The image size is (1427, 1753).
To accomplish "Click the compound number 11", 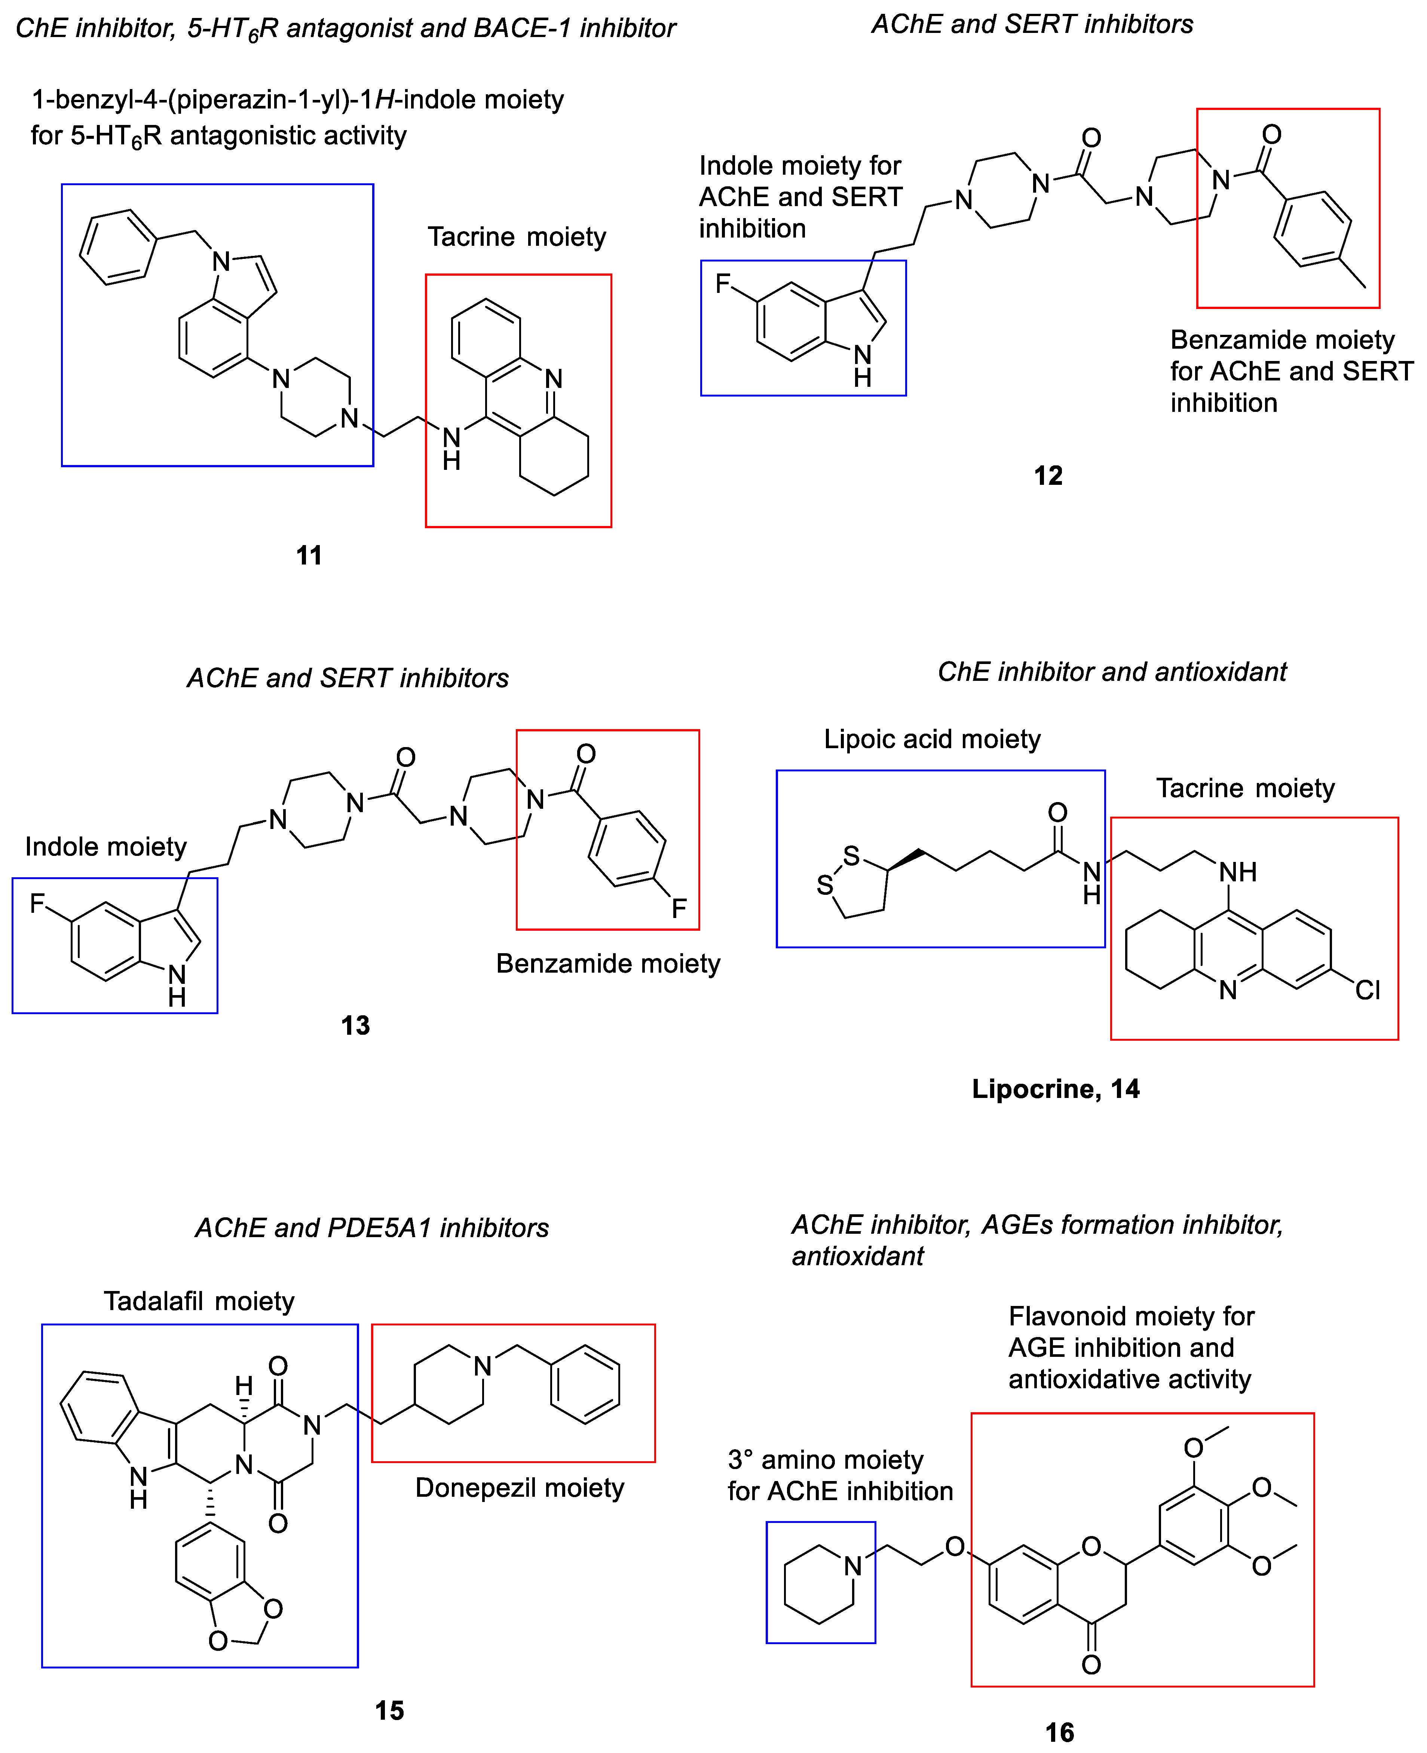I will coord(309,556).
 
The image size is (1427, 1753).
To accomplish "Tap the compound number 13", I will coord(355,1025).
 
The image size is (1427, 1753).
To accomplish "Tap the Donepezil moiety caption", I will coord(520,1487).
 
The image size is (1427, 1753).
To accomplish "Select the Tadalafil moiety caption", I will coord(199,1301).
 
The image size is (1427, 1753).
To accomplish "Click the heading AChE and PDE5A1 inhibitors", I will coord(371,1228).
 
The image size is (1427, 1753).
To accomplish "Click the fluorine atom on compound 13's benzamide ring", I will coord(679,908).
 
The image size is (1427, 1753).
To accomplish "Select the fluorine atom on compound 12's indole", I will coord(723,284).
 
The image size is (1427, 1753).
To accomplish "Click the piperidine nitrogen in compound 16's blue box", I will coord(853,1566).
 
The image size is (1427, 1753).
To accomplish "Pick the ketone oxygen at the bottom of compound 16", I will coord(1091,1665).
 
